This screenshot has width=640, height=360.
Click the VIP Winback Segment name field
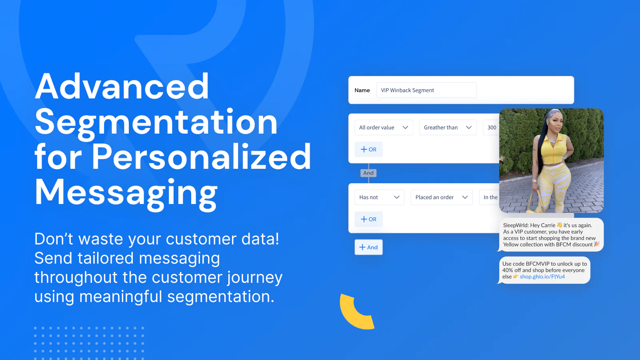click(x=426, y=90)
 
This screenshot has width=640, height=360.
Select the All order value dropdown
click(x=384, y=128)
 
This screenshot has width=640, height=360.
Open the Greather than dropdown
click(x=448, y=128)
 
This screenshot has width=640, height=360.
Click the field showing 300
click(x=491, y=128)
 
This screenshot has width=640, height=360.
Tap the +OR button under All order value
click(x=368, y=150)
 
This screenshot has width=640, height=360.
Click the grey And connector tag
click(x=368, y=173)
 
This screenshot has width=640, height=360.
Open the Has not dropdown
click(x=380, y=197)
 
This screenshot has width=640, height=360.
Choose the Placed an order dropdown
click(x=442, y=197)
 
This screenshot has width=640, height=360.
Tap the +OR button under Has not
click(x=368, y=219)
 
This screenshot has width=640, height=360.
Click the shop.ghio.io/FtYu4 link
click(x=542, y=276)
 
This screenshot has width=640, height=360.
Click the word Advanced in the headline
click(x=122, y=86)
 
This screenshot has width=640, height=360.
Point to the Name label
click(x=362, y=90)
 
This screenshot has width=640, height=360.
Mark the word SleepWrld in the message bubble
click(x=516, y=226)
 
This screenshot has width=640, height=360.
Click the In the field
click(x=490, y=197)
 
